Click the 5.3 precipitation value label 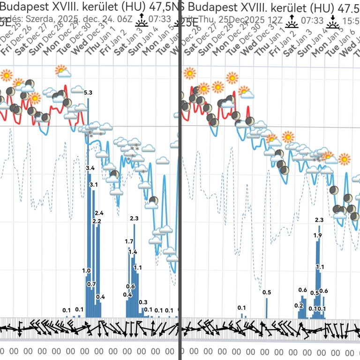click(x=88, y=93)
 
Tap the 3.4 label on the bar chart click(x=90, y=168)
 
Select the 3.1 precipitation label click(x=94, y=185)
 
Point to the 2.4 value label click(x=99, y=213)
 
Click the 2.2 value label click(x=97, y=221)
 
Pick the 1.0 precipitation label click(x=86, y=270)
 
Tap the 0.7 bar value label click(x=91, y=284)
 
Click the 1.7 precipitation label click(x=129, y=241)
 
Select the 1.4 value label click(x=133, y=252)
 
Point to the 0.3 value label click(x=143, y=302)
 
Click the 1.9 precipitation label click(x=317, y=235)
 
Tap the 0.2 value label click(x=299, y=305)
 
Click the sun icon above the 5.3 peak click(x=61, y=71)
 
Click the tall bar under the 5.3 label click(x=88, y=206)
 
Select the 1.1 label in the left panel click(x=138, y=268)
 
